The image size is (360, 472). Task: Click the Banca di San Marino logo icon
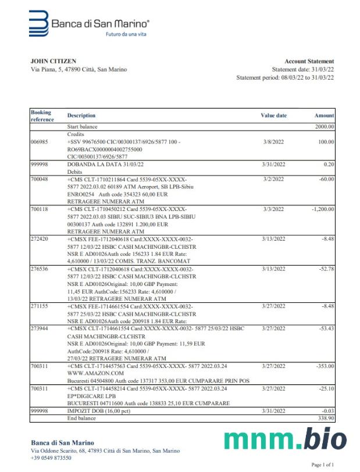coord(39,23)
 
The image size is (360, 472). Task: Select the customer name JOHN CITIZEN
coord(53,61)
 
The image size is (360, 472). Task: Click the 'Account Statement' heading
coord(309,61)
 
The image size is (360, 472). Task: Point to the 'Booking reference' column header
coord(41,115)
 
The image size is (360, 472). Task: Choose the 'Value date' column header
coord(273,116)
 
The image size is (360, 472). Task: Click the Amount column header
coord(324,116)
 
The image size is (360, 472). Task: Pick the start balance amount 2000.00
coord(324,126)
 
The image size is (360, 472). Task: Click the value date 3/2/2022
coord(273,180)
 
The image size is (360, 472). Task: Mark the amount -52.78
coord(324,269)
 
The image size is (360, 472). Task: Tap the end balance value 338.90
coord(324,417)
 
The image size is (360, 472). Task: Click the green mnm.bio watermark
coord(284,439)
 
